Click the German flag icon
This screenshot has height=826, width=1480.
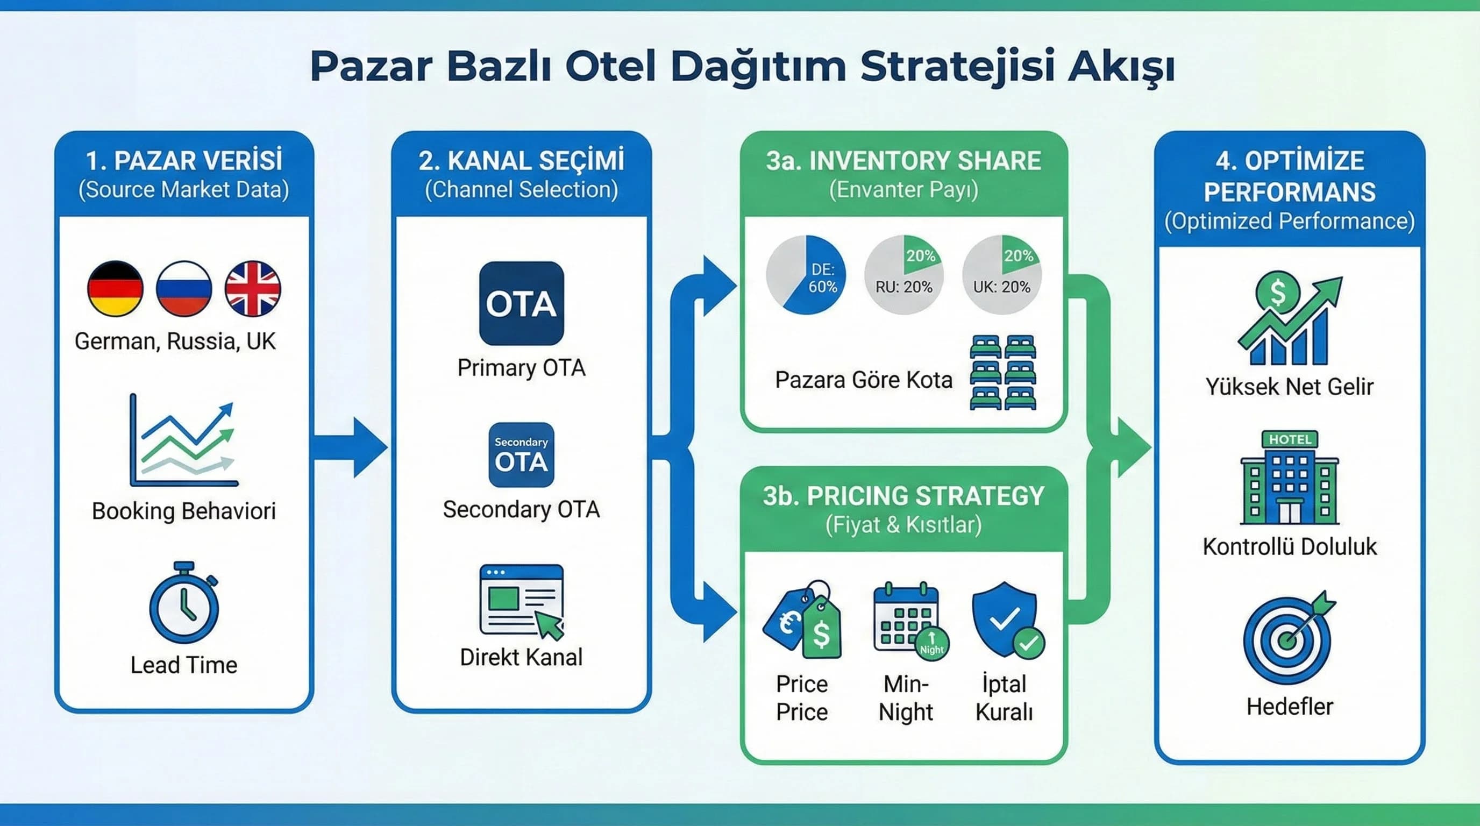pos(115,289)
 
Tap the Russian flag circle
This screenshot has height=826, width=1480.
pos(184,289)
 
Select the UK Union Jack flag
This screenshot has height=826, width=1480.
pos(253,289)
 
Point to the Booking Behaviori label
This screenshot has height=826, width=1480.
pos(184,511)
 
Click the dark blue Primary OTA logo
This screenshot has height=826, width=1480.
pos(521,303)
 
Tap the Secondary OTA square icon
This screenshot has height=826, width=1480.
pos(521,455)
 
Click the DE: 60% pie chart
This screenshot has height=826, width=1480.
pos(806,275)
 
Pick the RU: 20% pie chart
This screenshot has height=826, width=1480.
pos(903,275)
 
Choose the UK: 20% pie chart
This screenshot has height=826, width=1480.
pos(1002,275)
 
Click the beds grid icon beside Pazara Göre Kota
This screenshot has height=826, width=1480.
pos(1002,372)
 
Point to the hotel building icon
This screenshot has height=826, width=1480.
pos(1289,478)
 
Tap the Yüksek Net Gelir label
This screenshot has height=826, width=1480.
pos(1289,387)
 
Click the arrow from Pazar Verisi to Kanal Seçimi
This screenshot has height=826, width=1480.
pos(351,447)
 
